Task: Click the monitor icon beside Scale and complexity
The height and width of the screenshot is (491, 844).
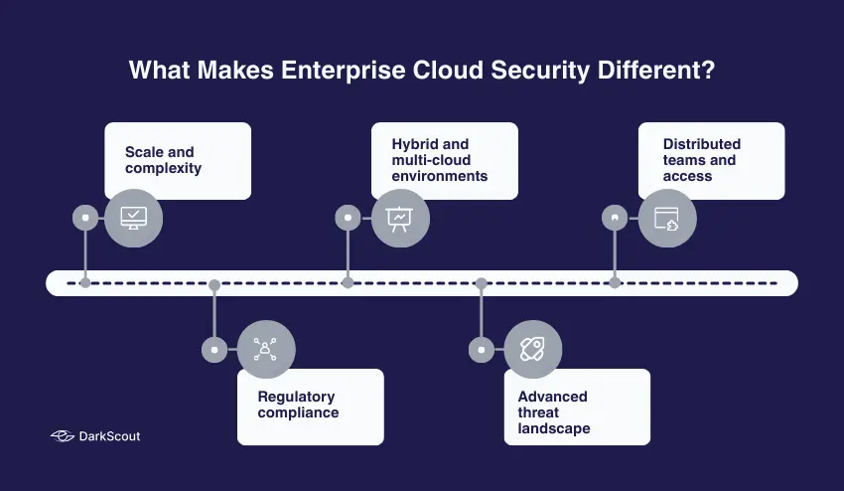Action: click(x=133, y=217)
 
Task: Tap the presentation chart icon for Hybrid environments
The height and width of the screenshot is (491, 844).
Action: click(x=400, y=217)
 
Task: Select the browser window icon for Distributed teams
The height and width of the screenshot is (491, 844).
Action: click(x=666, y=217)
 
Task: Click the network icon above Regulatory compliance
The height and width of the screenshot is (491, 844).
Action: click(x=266, y=349)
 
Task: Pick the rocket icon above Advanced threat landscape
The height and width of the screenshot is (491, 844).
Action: click(x=533, y=349)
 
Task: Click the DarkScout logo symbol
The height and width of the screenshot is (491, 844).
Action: click(x=62, y=436)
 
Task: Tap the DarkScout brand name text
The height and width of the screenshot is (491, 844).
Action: click(x=109, y=436)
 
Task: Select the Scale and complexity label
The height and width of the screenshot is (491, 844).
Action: click(x=163, y=160)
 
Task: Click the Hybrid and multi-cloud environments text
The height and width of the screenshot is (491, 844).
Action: click(x=439, y=160)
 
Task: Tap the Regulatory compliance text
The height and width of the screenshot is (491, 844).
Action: click(x=298, y=405)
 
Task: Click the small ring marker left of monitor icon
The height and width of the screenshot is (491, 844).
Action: click(x=85, y=217)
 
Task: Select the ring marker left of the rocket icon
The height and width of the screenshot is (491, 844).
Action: click(x=482, y=349)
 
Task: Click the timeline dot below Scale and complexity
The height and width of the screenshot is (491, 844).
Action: click(x=85, y=283)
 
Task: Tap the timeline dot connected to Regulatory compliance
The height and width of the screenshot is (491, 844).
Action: click(x=214, y=283)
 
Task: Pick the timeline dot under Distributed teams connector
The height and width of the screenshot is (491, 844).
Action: click(x=615, y=283)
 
